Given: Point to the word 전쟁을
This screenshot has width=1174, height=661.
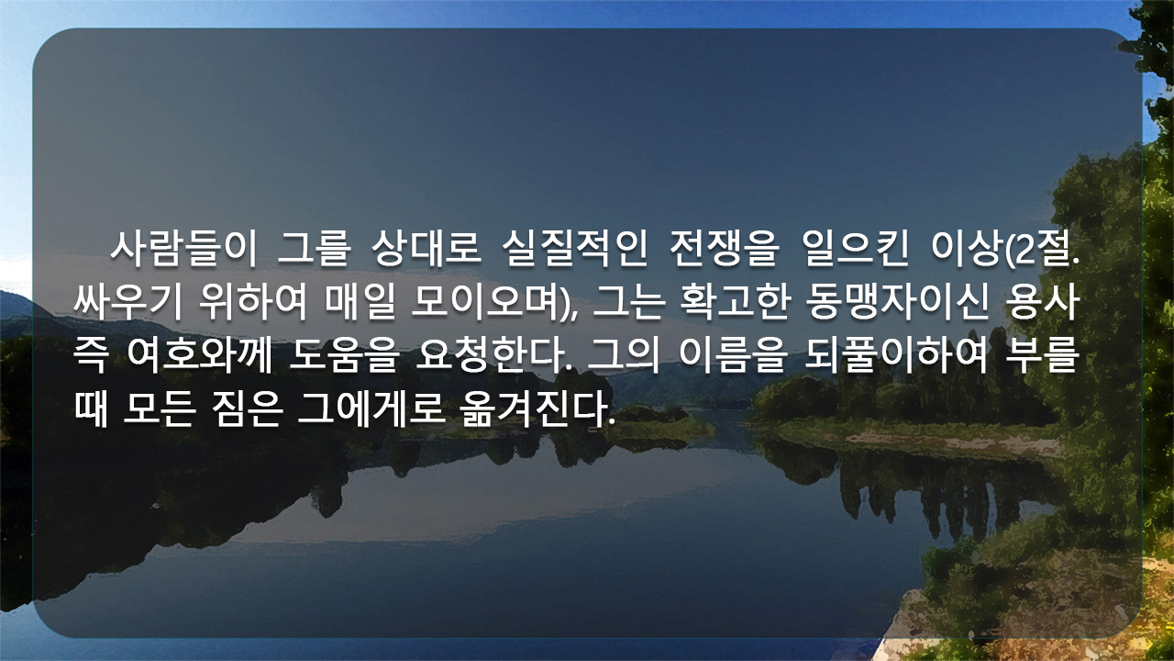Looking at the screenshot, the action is [725, 248].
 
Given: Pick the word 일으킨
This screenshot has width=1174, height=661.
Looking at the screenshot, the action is [856, 248].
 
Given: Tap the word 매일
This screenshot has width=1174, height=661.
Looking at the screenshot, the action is [360, 303].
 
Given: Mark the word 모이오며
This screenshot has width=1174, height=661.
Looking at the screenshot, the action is [487, 303].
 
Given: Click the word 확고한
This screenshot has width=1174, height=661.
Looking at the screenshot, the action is [735, 303].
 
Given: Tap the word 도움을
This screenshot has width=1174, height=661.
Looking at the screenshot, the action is [344, 355].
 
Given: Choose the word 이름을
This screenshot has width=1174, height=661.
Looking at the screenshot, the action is [733, 355].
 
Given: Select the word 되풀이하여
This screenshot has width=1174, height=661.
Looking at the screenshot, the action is [896, 355].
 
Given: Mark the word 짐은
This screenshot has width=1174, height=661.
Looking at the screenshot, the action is [248, 409].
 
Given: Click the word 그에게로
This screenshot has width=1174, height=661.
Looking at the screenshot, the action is [371, 409].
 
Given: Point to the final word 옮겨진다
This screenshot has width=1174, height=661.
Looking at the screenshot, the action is [537, 409].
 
